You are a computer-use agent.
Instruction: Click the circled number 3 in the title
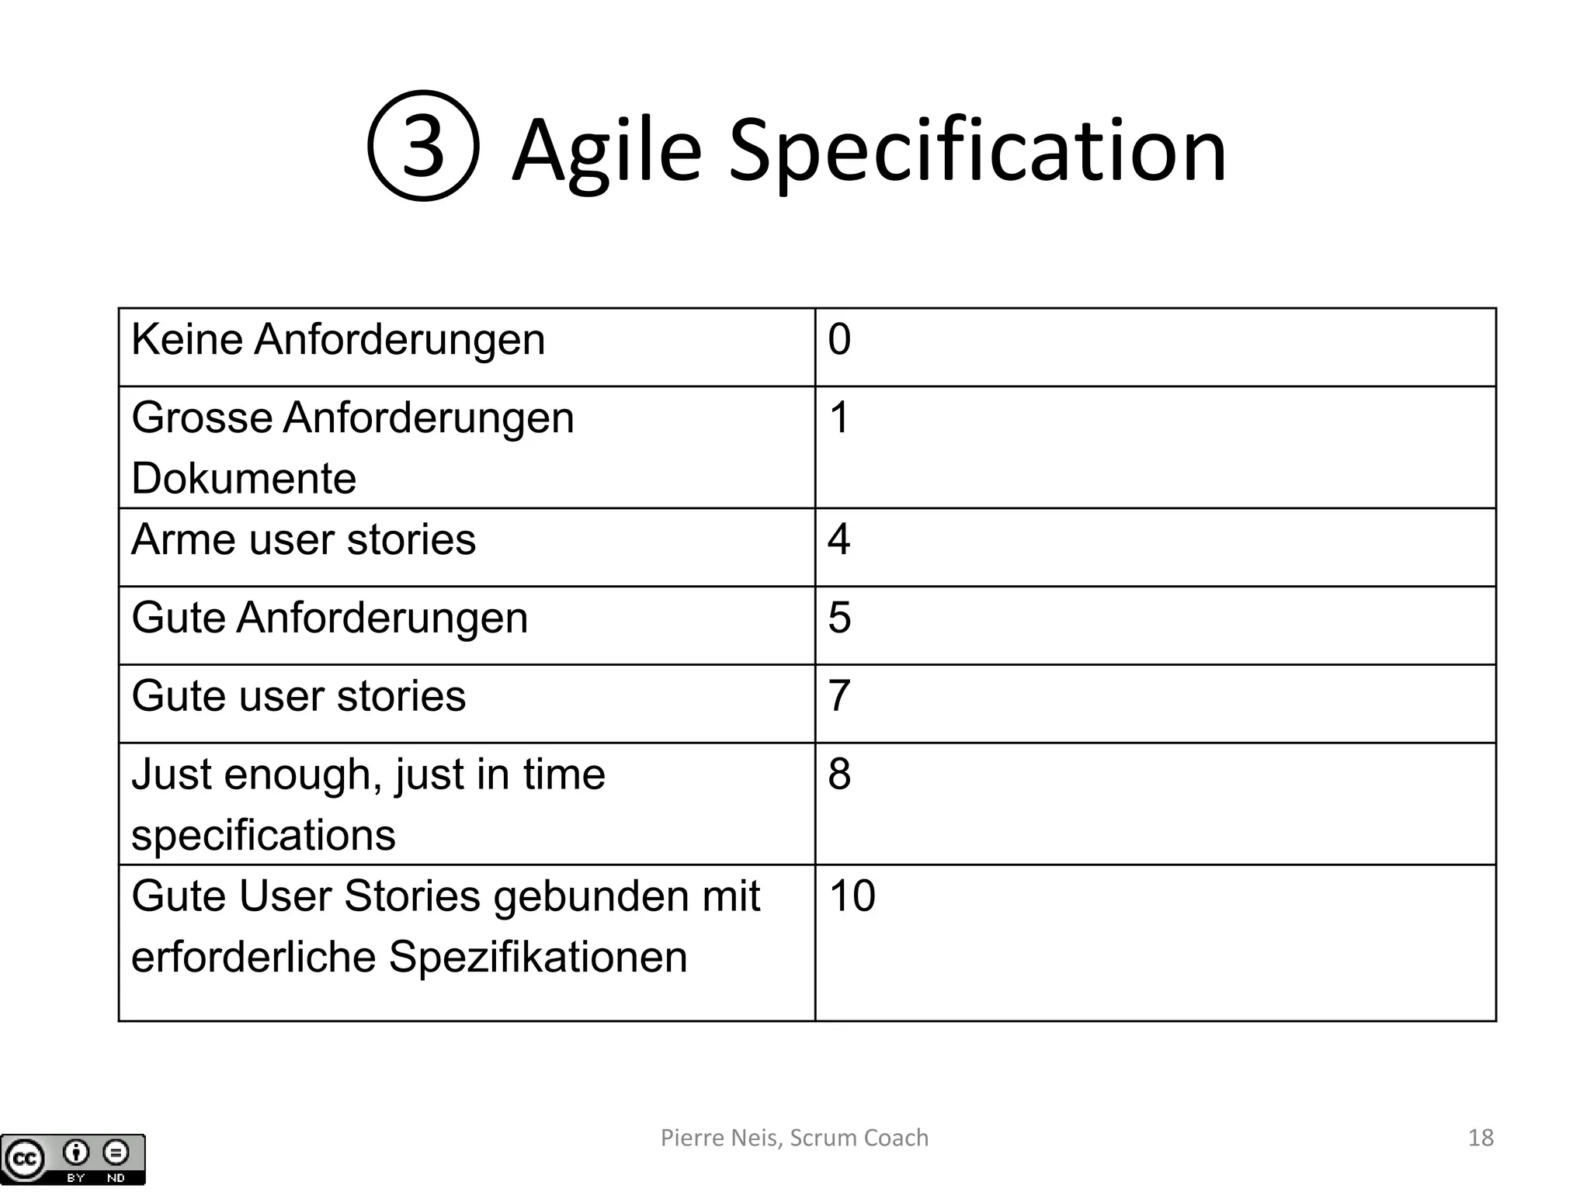423,146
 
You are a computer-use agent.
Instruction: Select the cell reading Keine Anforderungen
338,340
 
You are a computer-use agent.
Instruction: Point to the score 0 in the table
839,340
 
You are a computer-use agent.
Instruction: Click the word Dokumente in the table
244,478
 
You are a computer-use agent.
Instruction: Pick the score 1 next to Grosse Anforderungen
839,418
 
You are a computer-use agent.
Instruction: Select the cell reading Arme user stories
304,539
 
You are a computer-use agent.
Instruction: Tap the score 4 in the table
839,539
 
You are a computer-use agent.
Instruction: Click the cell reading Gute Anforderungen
330,618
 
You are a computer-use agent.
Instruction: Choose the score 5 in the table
839,618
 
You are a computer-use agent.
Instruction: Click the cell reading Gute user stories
299,695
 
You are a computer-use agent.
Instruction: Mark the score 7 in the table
839,695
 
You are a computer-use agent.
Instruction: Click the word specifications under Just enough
263,835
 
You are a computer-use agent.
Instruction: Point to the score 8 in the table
839,774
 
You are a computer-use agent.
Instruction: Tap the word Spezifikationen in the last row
538,956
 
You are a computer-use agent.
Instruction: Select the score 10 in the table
852,896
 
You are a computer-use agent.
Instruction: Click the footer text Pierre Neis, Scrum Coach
794,1138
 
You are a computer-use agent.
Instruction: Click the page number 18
1481,1138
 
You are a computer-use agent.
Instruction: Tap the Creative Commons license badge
73,1159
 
